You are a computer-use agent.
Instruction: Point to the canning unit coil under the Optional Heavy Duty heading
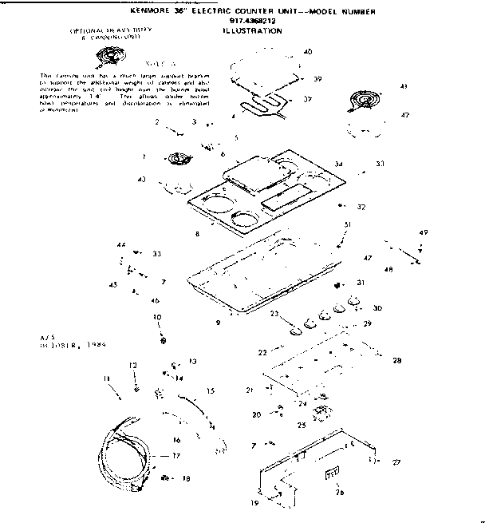pos(108,55)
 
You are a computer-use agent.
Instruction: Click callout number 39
pos(317,79)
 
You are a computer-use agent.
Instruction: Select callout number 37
pos(307,99)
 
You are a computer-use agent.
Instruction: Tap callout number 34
pos(339,164)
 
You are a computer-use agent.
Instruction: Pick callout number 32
pos(361,207)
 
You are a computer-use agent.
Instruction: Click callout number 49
pos(423,232)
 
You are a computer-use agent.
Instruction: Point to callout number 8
pos(196,235)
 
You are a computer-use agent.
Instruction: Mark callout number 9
pos(218,323)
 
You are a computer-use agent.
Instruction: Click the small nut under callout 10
pos(164,342)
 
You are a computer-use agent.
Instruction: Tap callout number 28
pos(396,361)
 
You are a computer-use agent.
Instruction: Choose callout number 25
pos(302,425)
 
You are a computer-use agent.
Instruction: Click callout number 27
pos(396,462)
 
